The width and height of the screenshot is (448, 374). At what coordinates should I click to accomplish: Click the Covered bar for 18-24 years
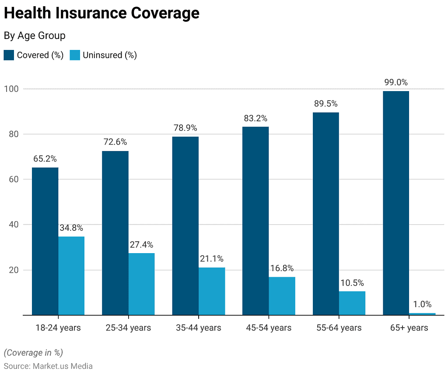pos(45,241)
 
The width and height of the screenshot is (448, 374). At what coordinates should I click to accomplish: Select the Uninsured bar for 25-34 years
pos(141,284)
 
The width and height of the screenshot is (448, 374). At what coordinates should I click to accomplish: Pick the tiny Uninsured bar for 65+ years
pos(422,314)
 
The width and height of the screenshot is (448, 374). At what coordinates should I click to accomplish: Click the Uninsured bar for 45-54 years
pos(282,296)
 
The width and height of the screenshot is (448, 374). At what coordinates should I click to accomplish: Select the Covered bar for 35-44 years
pos(185,226)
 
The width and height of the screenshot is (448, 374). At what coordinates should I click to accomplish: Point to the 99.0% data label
pos(395,82)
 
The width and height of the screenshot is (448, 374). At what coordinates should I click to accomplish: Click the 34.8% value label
pos(71,228)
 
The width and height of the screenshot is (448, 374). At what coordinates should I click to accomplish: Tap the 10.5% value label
pos(352,283)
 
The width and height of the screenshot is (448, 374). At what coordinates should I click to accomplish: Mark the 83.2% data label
pos(255,118)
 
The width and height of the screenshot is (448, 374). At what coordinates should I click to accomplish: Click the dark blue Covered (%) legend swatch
pos(9,55)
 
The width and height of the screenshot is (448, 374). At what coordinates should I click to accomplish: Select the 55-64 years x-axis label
pos(339,328)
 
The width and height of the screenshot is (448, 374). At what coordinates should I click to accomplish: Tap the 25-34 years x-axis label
pos(128,328)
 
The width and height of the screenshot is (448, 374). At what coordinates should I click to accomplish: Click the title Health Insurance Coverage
pos(101,14)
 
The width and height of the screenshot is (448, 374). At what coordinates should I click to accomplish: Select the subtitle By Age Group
pos(35,36)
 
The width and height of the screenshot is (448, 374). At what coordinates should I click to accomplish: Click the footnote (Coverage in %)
pos(33,353)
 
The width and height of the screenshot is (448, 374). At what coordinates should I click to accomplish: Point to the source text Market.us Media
pos(63,366)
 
